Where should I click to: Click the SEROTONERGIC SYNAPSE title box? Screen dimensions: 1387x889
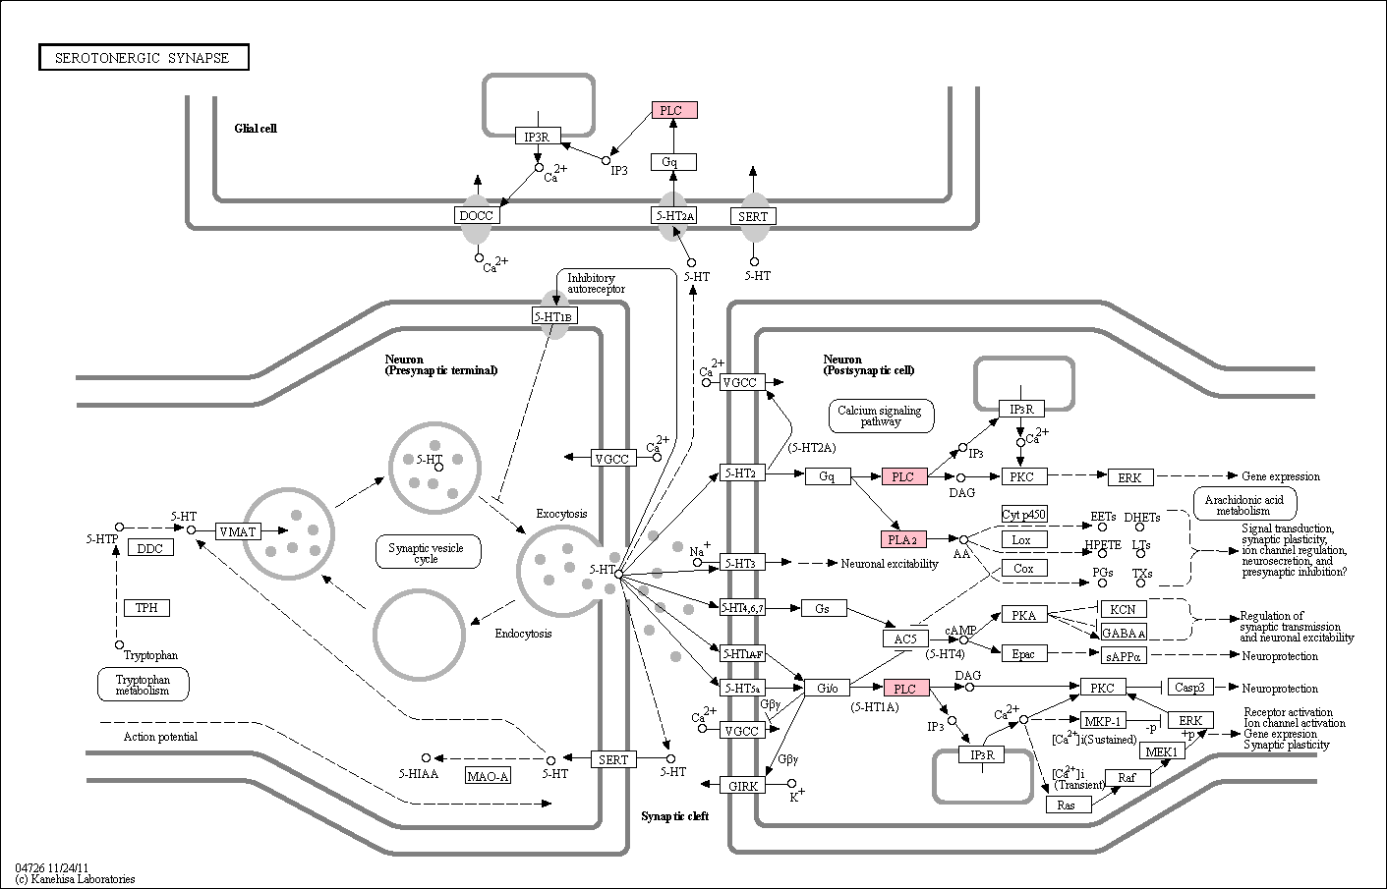click(x=144, y=57)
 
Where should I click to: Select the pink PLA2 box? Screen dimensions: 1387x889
click(x=902, y=539)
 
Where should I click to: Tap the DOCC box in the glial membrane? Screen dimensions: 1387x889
click(x=476, y=215)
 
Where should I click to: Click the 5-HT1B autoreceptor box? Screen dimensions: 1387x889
click(x=554, y=316)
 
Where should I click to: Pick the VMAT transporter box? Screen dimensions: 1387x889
click(x=238, y=531)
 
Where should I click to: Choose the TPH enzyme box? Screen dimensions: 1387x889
click(x=146, y=607)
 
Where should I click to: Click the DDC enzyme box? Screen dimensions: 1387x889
click(x=150, y=548)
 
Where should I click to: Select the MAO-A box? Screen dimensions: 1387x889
click(x=488, y=776)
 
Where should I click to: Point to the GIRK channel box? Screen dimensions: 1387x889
click(x=742, y=786)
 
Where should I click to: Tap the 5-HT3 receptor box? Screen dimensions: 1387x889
click(x=742, y=563)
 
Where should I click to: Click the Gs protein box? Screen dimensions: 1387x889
click(x=823, y=608)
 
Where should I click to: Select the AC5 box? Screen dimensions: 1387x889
click(x=905, y=639)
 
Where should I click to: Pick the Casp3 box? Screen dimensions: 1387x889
click(x=1189, y=687)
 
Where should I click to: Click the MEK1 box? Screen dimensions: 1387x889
click(x=1162, y=751)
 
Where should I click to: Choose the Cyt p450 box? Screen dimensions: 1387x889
click(x=1024, y=514)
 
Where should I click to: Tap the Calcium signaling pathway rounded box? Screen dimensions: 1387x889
click(x=881, y=416)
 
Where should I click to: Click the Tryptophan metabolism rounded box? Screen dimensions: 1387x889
click(x=144, y=685)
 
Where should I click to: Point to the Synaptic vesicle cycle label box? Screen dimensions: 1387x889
click(x=428, y=552)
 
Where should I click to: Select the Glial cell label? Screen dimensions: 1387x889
click(x=256, y=128)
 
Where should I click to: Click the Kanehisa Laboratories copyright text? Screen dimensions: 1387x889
click(x=75, y=879)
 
